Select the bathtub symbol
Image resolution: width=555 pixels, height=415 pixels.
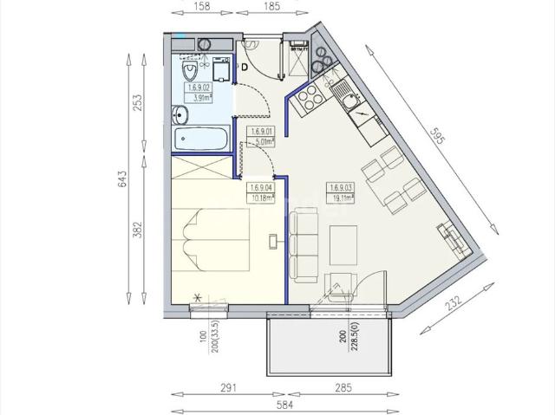tap(201, 139)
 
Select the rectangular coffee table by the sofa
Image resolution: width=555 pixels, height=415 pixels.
tap(343, 245)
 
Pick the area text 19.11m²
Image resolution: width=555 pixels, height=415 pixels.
tap(339, 197)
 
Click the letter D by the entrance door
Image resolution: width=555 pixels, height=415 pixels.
tap(245, 67)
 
